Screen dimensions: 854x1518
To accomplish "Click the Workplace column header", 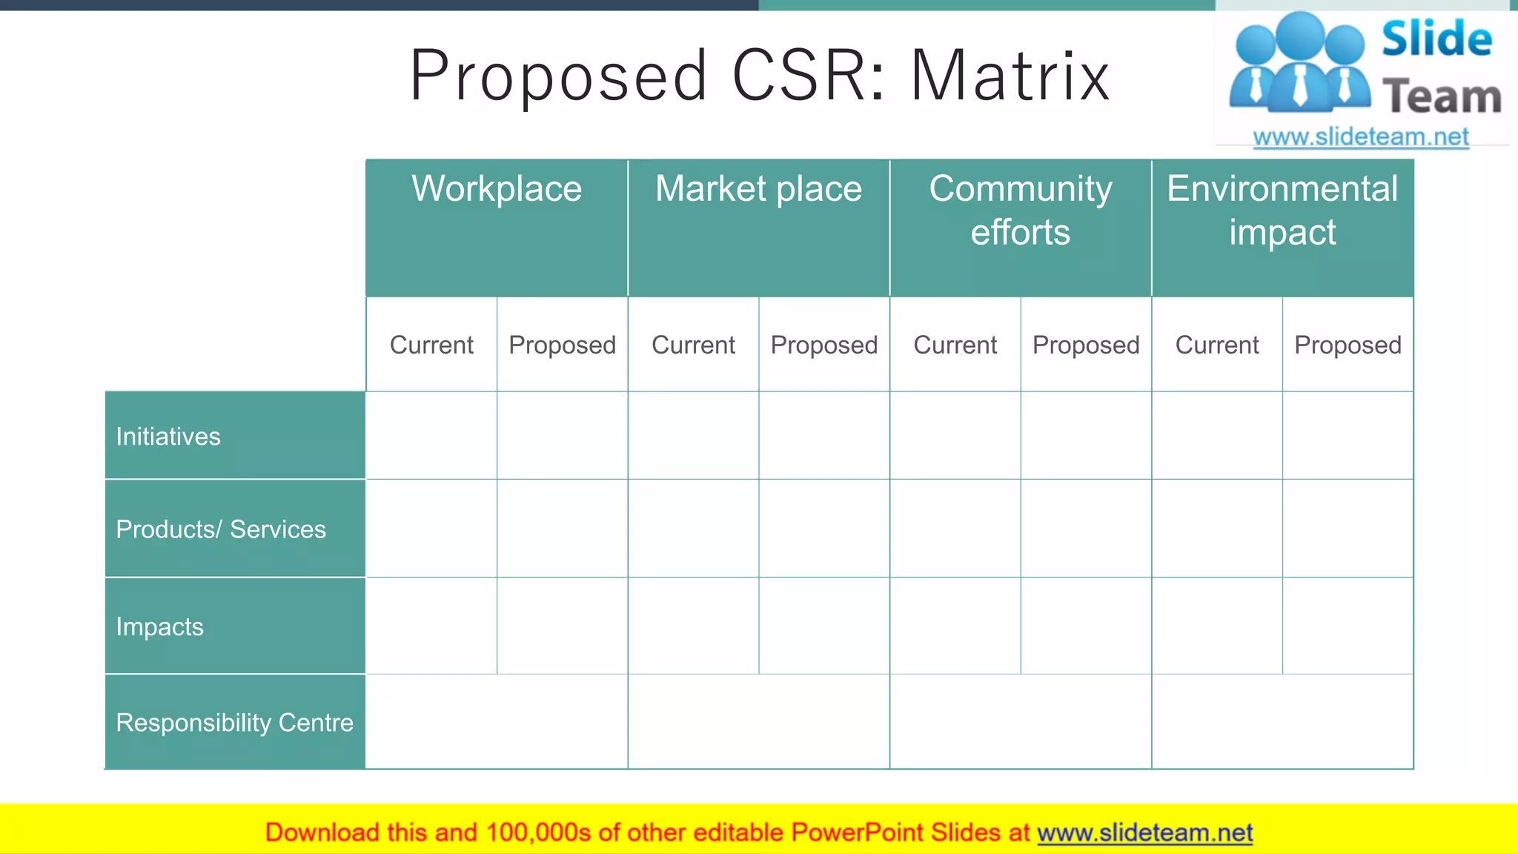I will click(497, 189).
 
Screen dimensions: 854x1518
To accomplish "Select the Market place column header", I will click(758, 189).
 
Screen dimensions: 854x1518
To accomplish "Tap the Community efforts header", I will click(1021, 210).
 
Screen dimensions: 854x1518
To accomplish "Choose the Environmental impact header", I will click(1282, 210).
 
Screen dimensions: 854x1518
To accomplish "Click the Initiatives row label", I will click(168, 437).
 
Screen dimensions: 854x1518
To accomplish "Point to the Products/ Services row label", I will click(221, 529).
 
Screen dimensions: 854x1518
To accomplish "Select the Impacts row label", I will click(159, 627).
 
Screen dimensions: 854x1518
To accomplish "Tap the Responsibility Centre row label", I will click(234, 723).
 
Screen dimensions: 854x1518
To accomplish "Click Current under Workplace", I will click(431, 345).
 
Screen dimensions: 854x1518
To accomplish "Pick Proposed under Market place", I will click(824, 345).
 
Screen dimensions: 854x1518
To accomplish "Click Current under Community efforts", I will click(955, 345).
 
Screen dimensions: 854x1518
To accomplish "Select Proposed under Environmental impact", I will click(1348, 345).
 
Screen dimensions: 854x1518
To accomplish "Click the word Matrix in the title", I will click(1010, 76).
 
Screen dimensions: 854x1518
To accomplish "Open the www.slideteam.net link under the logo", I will click(1361, 137).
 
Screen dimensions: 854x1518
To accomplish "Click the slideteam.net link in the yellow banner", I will click(1144, 833).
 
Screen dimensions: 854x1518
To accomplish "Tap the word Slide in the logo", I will click(1436, 39).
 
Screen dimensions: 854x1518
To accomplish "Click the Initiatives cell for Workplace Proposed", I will click(563, 436).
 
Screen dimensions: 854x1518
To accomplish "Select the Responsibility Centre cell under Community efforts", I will click(1021, 722).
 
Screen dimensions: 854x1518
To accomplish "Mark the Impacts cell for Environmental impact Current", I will click(1217, 626).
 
